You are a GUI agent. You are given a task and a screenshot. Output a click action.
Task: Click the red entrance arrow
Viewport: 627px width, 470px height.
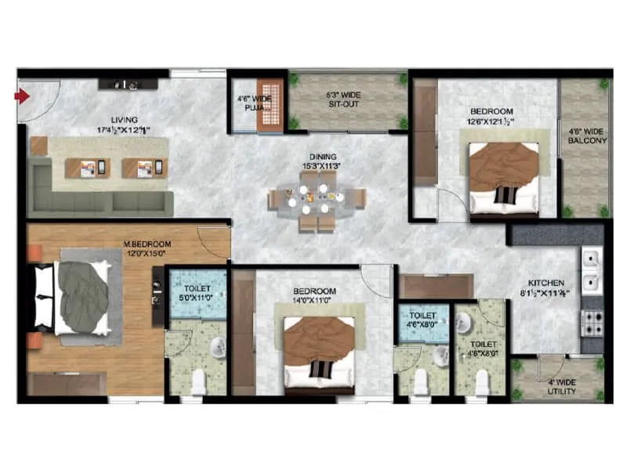[22, 96]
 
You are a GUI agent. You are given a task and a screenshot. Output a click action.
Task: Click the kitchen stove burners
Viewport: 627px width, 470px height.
[592, 321]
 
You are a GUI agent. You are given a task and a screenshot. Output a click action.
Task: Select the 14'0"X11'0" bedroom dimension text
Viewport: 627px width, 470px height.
[314, 300]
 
